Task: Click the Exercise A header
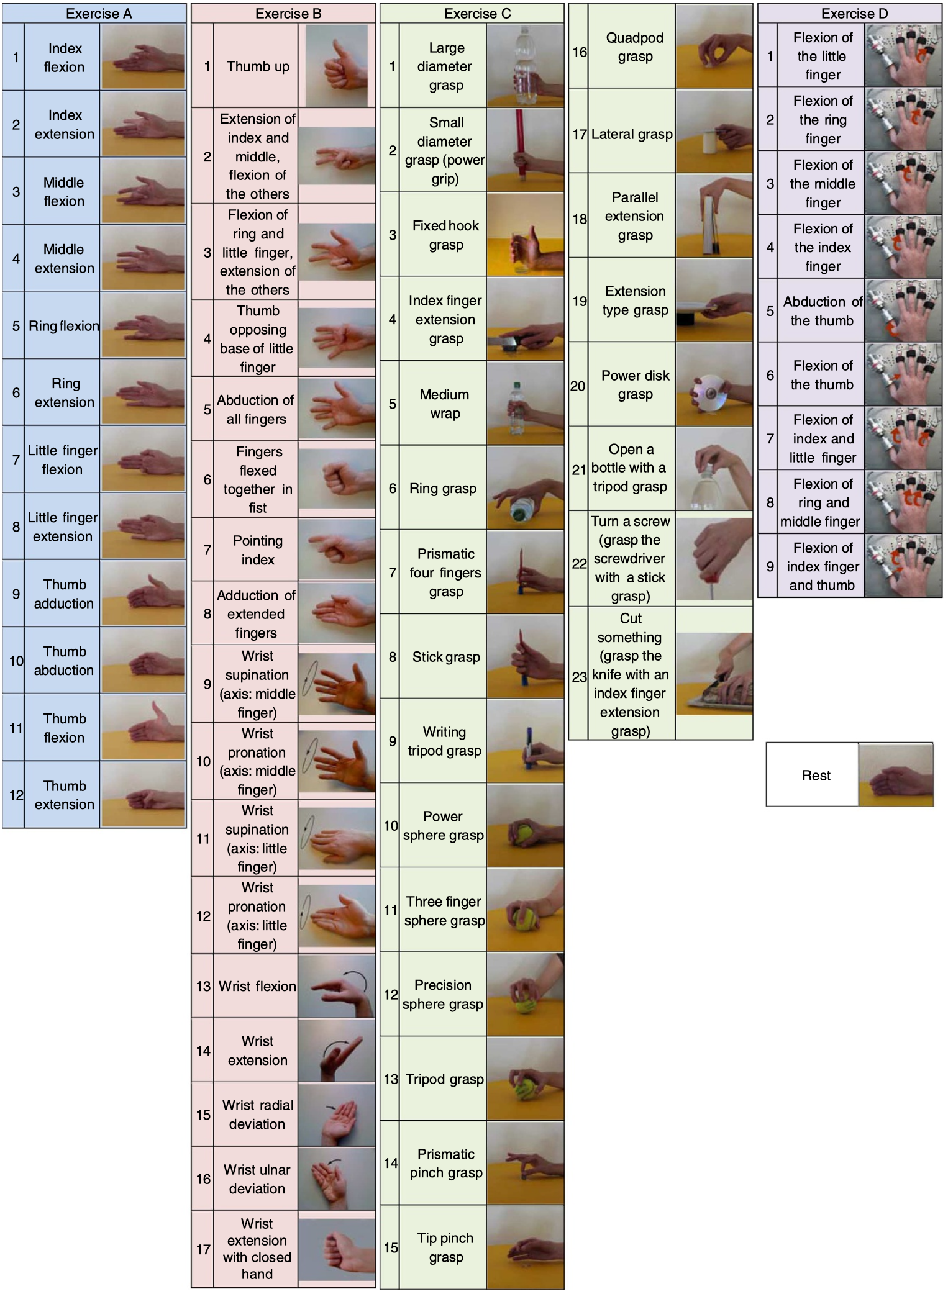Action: [x=98, y=14]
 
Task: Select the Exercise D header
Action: [x=854, y=14]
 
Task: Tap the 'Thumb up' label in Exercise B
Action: [x=258, y=66]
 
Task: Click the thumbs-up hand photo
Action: [x=336, y=66]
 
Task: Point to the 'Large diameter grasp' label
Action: [x=445, y=66]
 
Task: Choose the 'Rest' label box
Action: [x=815, y=776]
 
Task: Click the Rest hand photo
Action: [x=896, y=776]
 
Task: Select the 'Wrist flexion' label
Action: [x=257, y=986]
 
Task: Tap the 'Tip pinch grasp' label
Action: [x=445, y=1247]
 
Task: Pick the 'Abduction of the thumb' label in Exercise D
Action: [x=822, y=311]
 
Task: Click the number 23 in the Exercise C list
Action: [x=579, y=676]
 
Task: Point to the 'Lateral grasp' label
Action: [x=632, y=134]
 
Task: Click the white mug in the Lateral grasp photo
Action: [x=710, y=142]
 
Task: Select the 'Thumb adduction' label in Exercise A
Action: [x=64, y=594]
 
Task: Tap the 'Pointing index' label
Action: [x=257, y=550]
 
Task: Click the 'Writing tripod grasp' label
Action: [x=444, y=741]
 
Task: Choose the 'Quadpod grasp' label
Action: [x=634, y=47]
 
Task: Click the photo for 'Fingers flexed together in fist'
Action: [x=336, y=480]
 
